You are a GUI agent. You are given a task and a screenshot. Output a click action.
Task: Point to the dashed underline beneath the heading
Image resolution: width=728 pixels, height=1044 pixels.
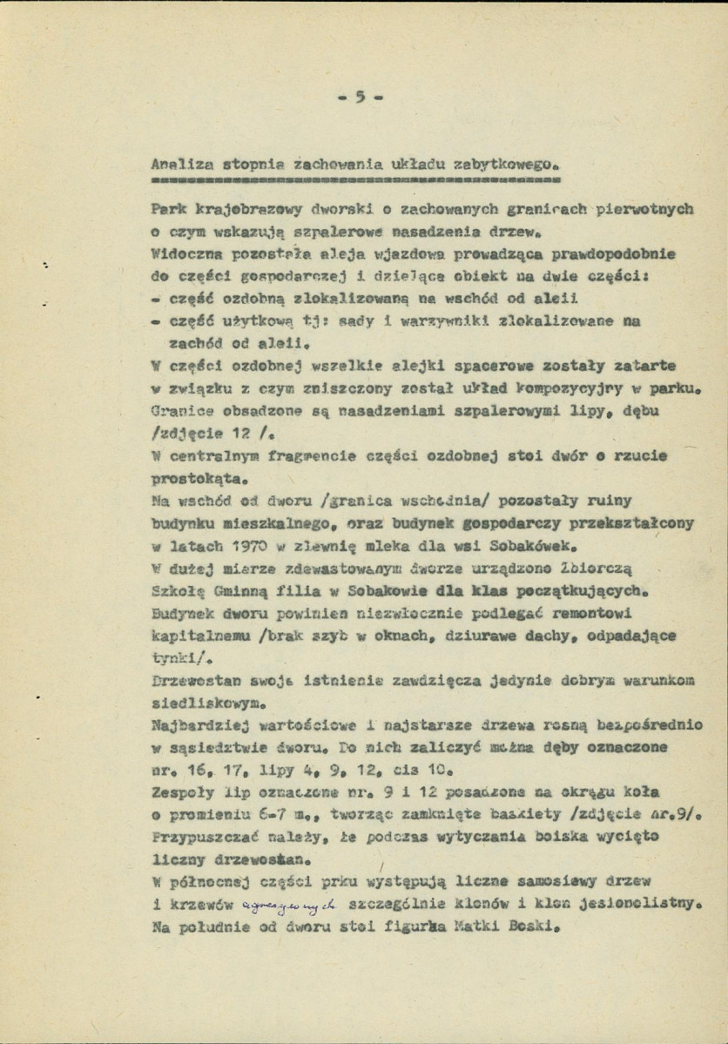(354, 182)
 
